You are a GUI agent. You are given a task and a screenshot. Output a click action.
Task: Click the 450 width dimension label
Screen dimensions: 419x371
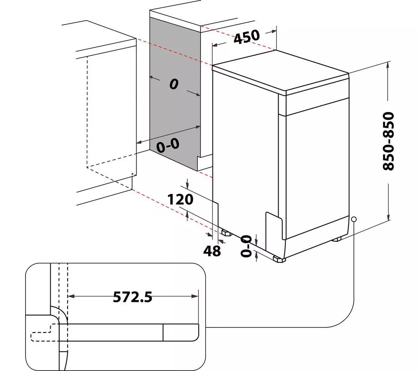tap(247, 37)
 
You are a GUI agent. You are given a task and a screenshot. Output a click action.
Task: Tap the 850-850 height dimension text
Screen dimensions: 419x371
tap(388, 141)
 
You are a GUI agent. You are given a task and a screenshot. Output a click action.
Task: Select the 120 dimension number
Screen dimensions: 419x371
tap(180, 199)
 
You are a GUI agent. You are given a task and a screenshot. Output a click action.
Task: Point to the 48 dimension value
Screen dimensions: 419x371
tap(212, 251)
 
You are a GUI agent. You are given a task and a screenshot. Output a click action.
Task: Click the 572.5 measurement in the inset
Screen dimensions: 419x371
tap(132, 297)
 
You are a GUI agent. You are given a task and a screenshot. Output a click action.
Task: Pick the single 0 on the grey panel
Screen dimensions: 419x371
tap(174, 84)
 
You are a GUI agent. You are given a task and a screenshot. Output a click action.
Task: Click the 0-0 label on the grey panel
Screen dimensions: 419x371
tap(168, 146)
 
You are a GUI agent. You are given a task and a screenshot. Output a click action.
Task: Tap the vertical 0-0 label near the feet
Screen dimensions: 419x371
tap(246, 246)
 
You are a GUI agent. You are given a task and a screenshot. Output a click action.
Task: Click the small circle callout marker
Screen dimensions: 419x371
tap(354, 219)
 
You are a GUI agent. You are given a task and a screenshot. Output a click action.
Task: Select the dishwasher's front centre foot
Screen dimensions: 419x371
tap(279, 259)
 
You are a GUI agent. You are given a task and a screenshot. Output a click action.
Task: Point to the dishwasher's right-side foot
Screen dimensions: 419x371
tap(337, 239)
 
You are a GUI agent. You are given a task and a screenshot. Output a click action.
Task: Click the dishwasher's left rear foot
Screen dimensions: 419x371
tap(227, 233)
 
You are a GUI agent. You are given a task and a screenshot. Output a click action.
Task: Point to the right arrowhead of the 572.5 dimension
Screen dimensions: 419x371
tap(196, 296)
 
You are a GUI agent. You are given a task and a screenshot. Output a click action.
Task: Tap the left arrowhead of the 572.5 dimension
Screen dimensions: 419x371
tap(71, 296)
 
